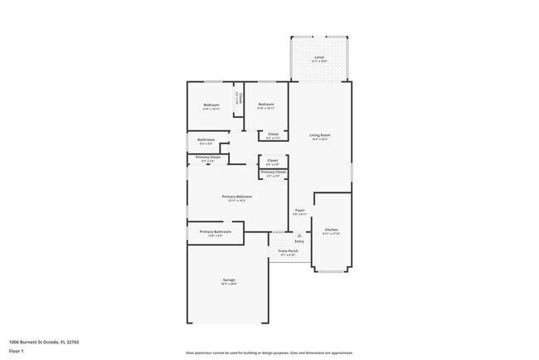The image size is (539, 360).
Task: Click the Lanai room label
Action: pos(319,57)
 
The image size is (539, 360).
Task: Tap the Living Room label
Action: pos(320,134)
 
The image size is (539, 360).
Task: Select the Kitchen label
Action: pos(331,229)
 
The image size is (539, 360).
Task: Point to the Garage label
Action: pos(229,280)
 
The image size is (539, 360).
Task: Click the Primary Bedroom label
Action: pos(237,197)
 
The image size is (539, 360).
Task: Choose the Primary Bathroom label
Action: pos(215,231)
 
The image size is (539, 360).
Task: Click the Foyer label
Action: pos(300,211)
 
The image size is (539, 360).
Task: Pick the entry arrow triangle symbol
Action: pos(299,235)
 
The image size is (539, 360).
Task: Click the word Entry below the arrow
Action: pos(299,241)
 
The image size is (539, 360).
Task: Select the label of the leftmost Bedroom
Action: pos(211,105)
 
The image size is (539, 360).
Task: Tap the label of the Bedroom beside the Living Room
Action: pos(265,104)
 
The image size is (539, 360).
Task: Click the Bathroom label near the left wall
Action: pos(206,139)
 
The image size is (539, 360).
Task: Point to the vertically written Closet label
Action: pos(237,98)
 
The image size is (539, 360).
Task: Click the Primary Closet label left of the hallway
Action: pos(208,157)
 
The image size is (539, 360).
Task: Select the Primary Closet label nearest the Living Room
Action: pos(273,173)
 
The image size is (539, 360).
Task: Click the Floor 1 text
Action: pos(17,351)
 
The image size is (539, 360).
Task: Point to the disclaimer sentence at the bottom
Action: pos(269,352)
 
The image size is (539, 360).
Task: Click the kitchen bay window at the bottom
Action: pos(331,271)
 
